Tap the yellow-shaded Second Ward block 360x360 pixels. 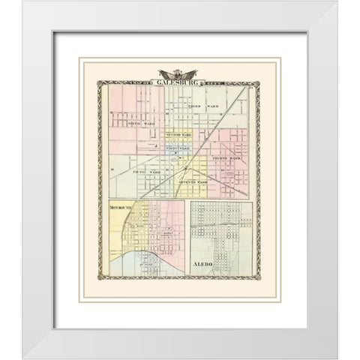pyautogui.click(x=178, y=139)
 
